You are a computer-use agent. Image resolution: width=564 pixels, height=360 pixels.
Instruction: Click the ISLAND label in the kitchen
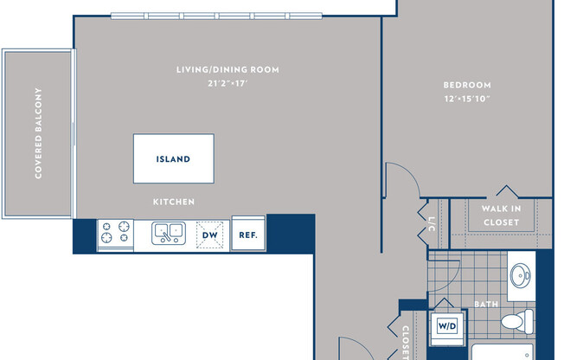[x=173, y=159]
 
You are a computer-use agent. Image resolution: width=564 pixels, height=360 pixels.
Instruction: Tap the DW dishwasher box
[x=209, y=234]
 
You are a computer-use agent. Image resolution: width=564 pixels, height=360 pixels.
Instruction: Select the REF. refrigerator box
[x=247, y=234]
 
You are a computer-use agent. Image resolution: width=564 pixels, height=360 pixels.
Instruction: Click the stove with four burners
[x=115, y=233]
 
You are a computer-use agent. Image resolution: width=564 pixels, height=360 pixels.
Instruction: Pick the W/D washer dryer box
[x=447, y=326]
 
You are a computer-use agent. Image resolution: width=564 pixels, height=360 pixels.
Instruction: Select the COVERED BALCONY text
[x=39, y=134]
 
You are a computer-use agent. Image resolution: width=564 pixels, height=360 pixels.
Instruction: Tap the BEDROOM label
[x=467, y=85]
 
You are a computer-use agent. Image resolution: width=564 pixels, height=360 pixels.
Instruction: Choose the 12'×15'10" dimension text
[x=467, y=99]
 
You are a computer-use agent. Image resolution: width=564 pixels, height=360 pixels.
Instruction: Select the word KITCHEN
[x=174, y=202]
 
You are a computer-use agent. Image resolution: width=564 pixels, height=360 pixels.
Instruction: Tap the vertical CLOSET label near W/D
[x=406, y=342]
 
